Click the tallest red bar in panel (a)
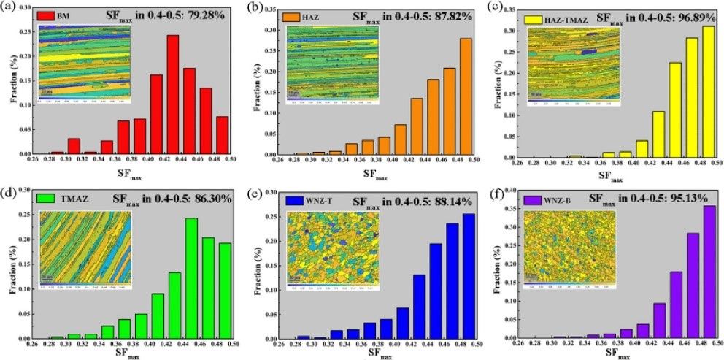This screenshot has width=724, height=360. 173,95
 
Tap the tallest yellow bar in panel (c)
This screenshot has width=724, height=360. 709,91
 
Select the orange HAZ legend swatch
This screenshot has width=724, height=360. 293,14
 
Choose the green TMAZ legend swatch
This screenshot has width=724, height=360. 49,198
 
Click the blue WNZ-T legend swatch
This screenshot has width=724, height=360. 295,199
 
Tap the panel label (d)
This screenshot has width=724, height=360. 9,191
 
